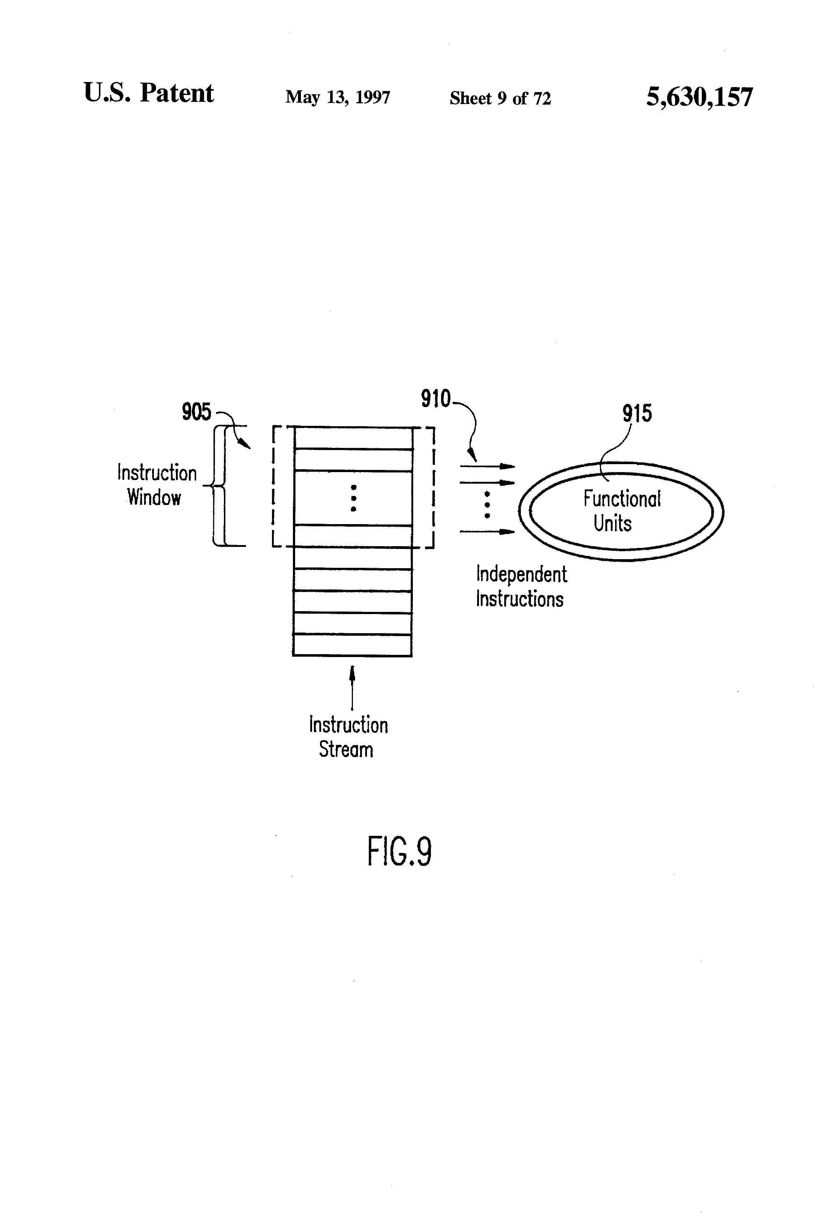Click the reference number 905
(x=196, y=411)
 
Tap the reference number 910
(x=435, y=398)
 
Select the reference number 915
(x=637, y=413)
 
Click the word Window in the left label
(x=154, y=497)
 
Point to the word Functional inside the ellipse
(x=622, y=499)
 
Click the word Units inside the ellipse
(x=612, y=523)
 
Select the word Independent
(x=521, y=574)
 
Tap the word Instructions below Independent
(x=519, y=599)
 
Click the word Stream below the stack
(x=346, y=750)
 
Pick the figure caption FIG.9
(x=399, y=852)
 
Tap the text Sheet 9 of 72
(x=500, y=98)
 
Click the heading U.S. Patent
(x=148, y=93)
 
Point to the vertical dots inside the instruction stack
(x=353, y=498)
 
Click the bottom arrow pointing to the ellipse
(x=487, y=531)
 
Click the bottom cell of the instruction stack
(x=352, y=645)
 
